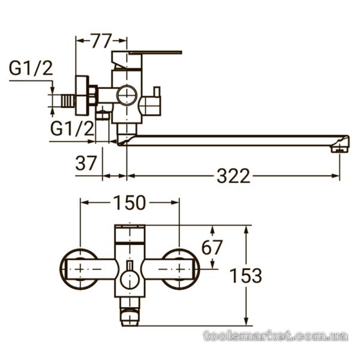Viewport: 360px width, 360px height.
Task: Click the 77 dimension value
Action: tap(101, 41)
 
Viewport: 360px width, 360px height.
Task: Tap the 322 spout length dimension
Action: tap(233, 176)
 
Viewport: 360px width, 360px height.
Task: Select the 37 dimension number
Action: tap(86, 163)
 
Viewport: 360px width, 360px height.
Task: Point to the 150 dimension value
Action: tap(130, 203)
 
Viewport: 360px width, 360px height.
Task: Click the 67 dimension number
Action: tap(212, 247)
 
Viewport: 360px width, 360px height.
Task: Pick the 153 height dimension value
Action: tap(245, 275)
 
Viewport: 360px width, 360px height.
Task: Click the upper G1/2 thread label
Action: tap(31, 68)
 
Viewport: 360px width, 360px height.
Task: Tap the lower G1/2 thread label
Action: tap(72, 128)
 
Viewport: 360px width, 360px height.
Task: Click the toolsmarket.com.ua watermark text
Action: tap(275, 336)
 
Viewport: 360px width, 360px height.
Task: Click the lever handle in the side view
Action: tap(155, 53)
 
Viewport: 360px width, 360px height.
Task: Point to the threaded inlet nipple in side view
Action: tap(67, 101)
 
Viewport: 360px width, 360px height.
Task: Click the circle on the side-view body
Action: tap(127, 95)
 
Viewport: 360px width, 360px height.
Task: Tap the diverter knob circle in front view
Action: tap(130, 279)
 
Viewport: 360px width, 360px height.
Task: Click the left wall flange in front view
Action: tap(79, 269)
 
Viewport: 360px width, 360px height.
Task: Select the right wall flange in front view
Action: tap(181, 269)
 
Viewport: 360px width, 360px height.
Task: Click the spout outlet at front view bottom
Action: tap(130, 317)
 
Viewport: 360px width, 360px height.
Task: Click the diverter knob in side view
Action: tap(151, 101)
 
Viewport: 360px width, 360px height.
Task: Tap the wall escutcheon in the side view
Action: tap(82, 95)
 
